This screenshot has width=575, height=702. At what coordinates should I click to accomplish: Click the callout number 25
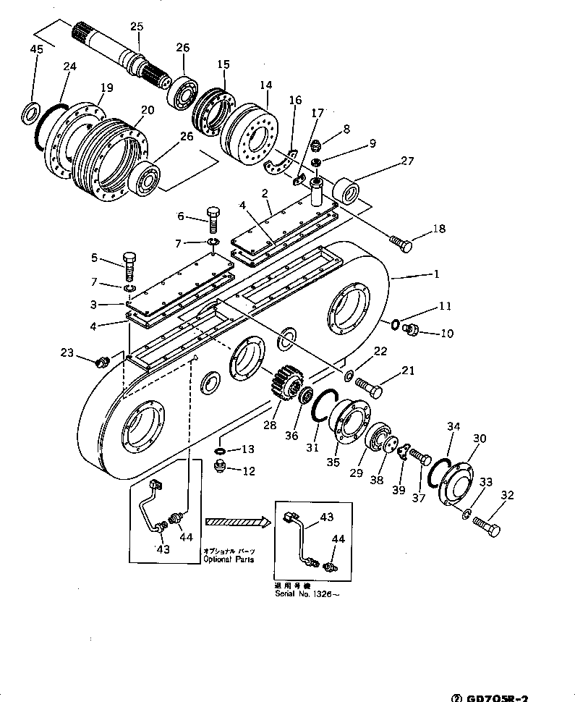click(136, 26)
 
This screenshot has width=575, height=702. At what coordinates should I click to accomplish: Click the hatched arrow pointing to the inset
click(237, 520)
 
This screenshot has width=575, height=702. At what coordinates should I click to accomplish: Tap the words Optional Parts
click(229, 559)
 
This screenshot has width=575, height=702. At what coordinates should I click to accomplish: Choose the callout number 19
click(106, 88)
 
